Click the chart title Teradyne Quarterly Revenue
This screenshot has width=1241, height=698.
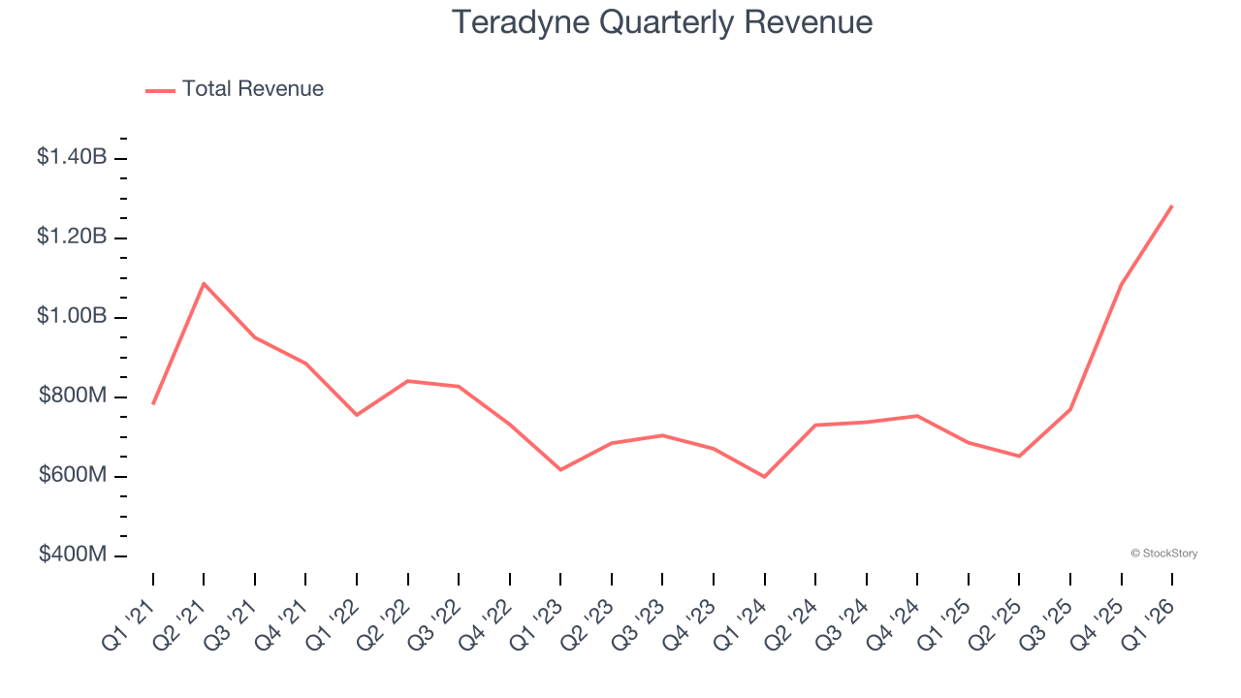click(x=662, y=23)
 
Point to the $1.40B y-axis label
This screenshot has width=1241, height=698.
click(x=72, y=156)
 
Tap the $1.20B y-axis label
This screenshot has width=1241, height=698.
click(x=72, y=236)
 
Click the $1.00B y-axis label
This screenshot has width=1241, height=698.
click(x=72, y=316)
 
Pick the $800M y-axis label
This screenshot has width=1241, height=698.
click(x=73, y=396)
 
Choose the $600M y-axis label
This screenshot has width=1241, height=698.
click(x=73, y=475)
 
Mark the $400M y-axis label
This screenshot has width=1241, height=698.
click(x=73, y=555)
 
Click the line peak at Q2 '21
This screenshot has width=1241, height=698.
click(x=204, y=283)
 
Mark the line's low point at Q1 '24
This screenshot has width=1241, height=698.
click(x=765, y=477)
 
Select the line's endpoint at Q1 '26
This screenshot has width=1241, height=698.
click(x=1172, y=206)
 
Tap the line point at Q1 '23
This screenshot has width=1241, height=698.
click(x=560, y=470)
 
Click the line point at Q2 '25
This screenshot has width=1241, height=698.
click(x=1019, y=456)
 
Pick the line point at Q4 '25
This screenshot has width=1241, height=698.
click(x=1121, y=284)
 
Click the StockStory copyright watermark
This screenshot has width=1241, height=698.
click(x=1163, y=554)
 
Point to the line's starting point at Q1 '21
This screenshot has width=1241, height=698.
click(x=153, y=403)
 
